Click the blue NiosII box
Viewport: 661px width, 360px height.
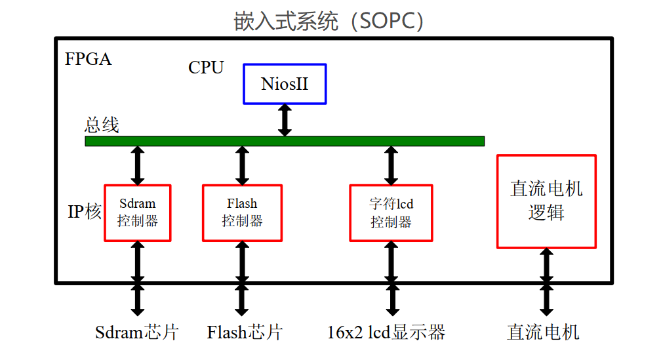pos(285,84)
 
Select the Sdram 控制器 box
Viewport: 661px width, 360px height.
pos(138,212)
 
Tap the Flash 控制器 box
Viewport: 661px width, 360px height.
pos(242,212)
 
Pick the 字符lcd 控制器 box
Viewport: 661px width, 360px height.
pos(391,213)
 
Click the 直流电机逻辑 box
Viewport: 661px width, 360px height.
pos(546,201)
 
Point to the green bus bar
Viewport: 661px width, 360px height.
pos(285,141)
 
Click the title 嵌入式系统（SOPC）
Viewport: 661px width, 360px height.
pos(329,21)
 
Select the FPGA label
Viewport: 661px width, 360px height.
pos(89,59)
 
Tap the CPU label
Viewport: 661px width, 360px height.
pos(206,68)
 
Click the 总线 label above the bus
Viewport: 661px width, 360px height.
pos(102,125)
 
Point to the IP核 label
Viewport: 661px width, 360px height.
pos(85,211)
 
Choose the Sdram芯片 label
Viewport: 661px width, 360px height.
pos(136,332)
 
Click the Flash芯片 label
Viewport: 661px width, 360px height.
pos(244,332)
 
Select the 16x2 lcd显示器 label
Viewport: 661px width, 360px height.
pos(386,332)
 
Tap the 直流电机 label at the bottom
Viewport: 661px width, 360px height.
pos(544,332)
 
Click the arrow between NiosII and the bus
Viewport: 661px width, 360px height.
pos(285,120)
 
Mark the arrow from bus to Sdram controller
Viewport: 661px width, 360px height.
pos(138,165)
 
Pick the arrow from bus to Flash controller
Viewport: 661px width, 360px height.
pos(242,165)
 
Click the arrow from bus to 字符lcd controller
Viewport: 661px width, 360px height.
pos(391,165)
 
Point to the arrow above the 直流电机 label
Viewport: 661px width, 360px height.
pos(546,282)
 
